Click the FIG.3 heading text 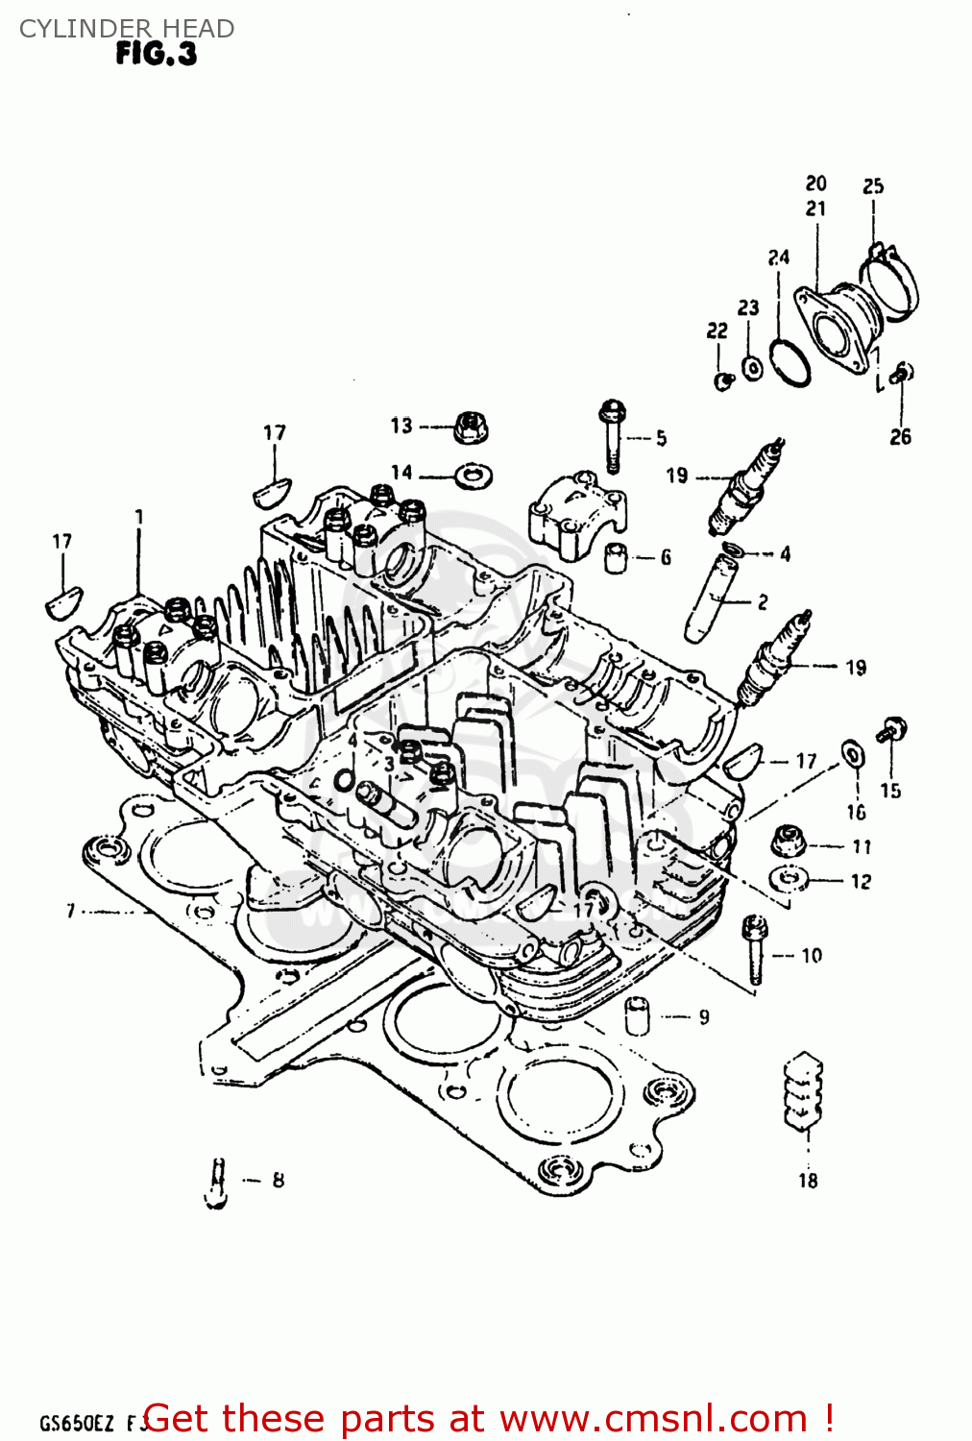pos(156,54)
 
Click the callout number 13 pos(401,426)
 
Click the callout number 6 pos(666,557)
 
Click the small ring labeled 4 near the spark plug pos(732,549)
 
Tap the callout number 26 pos(900,437)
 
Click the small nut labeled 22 pos(723,380)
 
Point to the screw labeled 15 pos(892,730)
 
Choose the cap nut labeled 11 pos(789,840)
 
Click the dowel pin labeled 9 pos(636,1015)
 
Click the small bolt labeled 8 pos(217,1181)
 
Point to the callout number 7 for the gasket pos(70,910)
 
